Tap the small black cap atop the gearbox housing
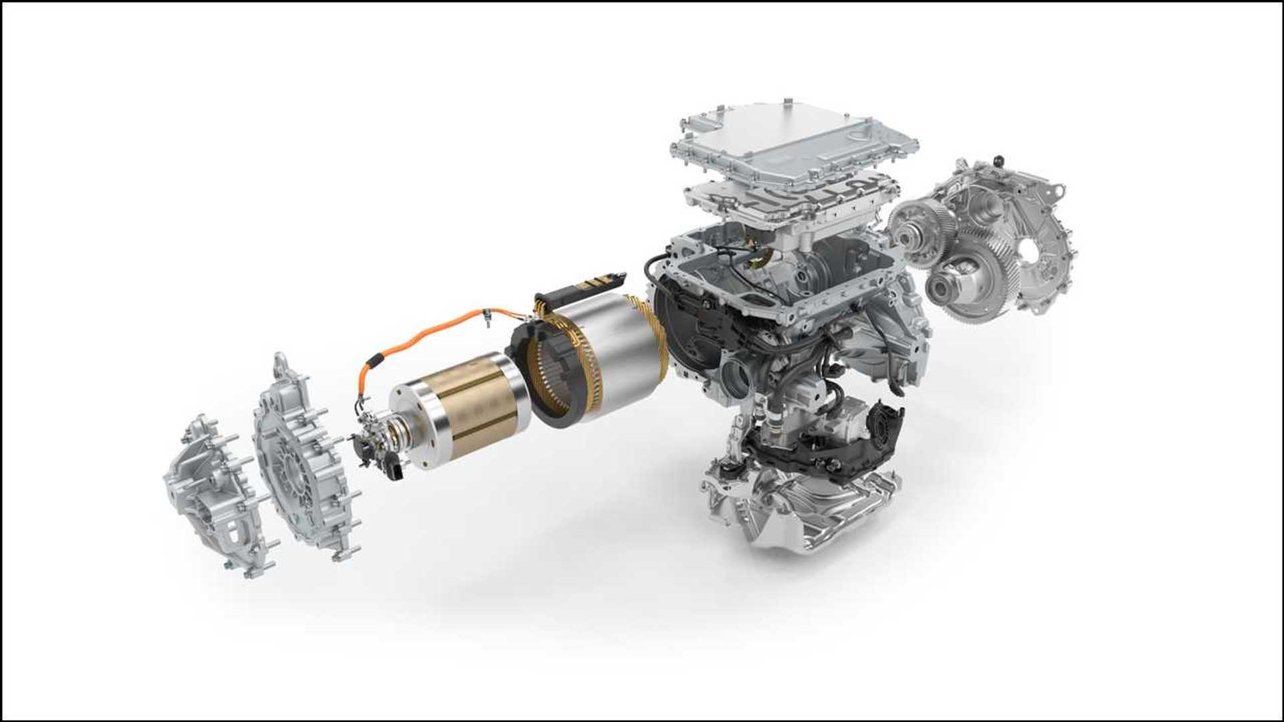(999, 160)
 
